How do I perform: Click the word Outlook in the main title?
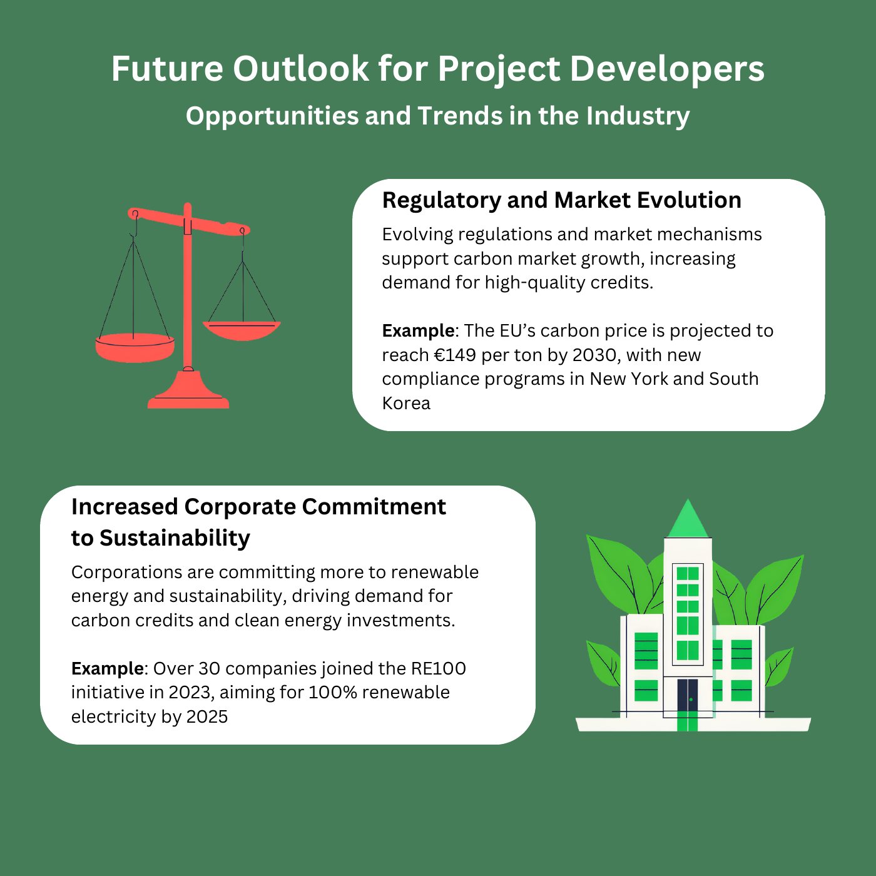click(300, 69)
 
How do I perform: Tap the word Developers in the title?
click(667, 69)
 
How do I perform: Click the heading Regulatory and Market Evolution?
click(561, 200)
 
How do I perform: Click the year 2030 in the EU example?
click(596, 355)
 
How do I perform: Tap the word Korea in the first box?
click(406, 403)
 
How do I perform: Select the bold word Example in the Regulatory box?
click(418, 332)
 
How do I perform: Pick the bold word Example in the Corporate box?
click(107, 669)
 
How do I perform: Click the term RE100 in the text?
click(438, 669)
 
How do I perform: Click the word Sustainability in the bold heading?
click(175, 538)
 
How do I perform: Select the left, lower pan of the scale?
click(135, 349)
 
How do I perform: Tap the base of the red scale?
click(188, 391)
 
